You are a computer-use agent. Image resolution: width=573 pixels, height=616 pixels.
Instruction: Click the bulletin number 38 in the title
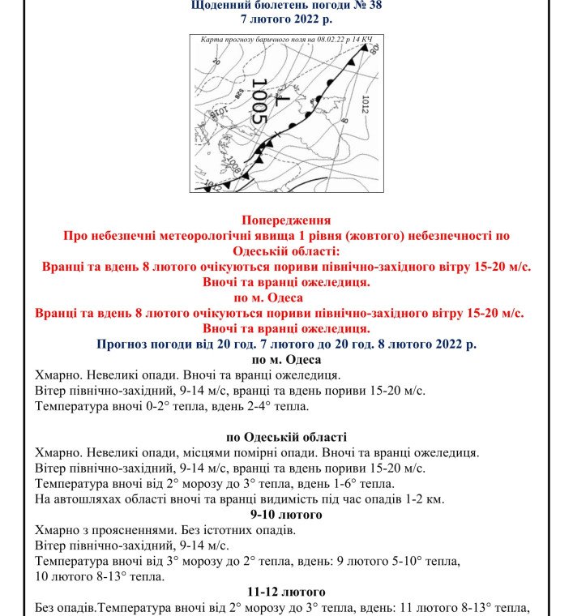pyautogui.click(x=374, y=5)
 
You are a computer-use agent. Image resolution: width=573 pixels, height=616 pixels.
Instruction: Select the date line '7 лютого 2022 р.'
pyautogui.click(x=286, y=19)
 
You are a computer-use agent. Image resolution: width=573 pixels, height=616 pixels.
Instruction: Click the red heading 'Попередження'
pyautogui.click(x=286, y=220)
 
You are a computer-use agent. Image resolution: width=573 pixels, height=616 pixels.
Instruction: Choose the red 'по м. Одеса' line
pyautogui.click(x=286, y=297)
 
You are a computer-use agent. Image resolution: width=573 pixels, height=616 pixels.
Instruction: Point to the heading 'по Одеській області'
pyautogui.click(x=286, y=437)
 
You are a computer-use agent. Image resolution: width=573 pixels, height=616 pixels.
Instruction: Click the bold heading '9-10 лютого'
pyautogui.click(x=286, y=515)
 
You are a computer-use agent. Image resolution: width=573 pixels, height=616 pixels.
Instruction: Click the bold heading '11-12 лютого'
pyautogui.click(x=286, y=592)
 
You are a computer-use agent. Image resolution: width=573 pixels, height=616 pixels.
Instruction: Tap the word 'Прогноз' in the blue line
pyautogui.click(x=122, y=344)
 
